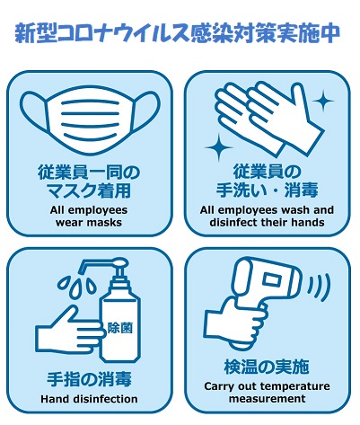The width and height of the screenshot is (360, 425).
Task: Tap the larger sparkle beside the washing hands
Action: (218, 147)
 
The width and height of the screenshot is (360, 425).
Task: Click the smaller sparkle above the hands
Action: (323, 101)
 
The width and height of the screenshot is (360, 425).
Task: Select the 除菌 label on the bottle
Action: (120, 328)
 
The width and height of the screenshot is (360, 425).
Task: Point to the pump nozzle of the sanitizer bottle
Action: (101, 265)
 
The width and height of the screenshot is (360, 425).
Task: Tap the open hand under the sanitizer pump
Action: (69, 331)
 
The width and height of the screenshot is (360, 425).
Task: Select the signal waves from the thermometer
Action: (319, 288)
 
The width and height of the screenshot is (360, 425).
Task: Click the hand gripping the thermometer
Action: (236, 323)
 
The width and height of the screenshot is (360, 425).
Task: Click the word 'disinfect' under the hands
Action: (231, 223)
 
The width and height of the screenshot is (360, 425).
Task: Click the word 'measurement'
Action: (268, 399)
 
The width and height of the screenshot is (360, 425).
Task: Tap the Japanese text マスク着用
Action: (89, 190)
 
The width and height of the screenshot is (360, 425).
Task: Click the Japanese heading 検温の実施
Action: (267, 367)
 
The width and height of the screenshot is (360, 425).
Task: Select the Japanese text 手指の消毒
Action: (89, 379)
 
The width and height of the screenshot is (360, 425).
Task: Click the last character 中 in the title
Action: (330, 33)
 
